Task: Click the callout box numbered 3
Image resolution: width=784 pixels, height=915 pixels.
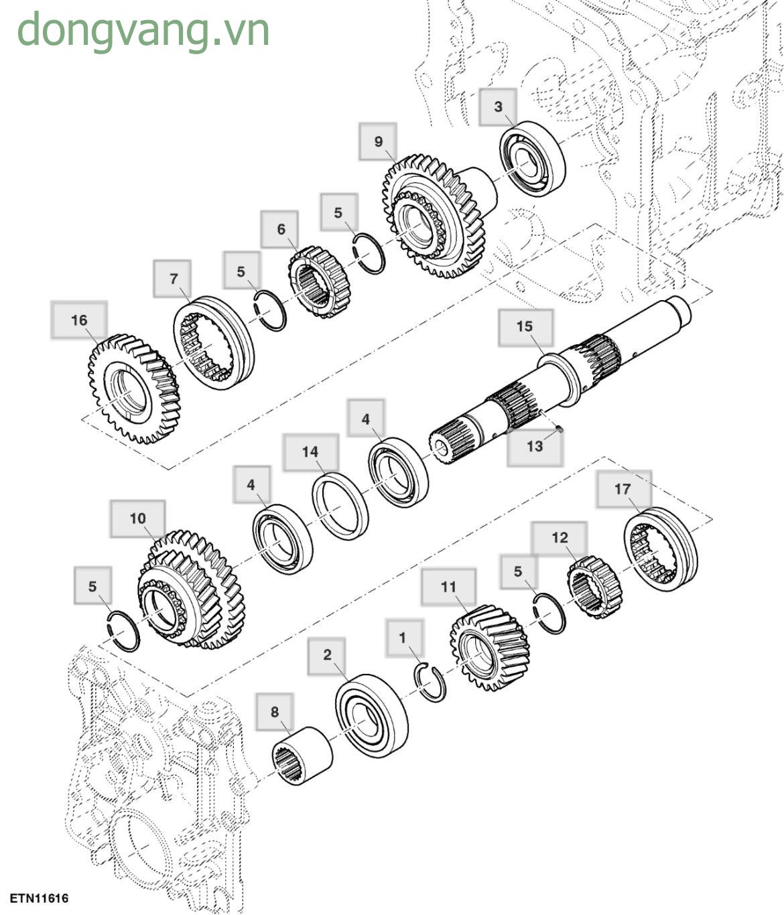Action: click(x=498, y=107)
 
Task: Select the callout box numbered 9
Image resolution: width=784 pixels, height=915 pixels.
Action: click(x=378, y=141)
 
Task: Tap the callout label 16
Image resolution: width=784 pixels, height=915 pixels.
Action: click(x=79, y=320)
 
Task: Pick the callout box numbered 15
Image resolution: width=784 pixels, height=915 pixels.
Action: click(x=525, y=326)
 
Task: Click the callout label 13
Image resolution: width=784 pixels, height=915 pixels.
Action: click(x=535, y=446)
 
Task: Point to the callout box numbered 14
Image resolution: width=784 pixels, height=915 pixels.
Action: click(x=310, y=452)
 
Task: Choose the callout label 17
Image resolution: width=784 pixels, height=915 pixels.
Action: click(x=623, y=489)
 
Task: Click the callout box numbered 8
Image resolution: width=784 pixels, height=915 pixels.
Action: click(x=275, y=711)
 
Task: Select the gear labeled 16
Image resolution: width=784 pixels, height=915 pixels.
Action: click(x=133, y=389)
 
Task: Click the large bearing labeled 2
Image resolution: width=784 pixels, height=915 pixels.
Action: click(x=371, y=715)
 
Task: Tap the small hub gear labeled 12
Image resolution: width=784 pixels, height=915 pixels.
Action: click(x=594, y=587)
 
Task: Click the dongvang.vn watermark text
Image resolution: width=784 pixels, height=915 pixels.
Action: click(x=143, y=30)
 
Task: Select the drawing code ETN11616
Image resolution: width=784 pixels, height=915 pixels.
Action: click(x=39, y=898)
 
